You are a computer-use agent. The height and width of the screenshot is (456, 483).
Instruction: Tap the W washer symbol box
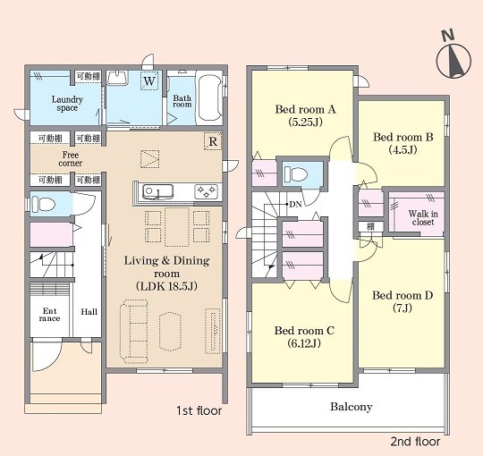pos(149,80)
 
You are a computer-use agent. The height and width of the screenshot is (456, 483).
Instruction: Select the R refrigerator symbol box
pos(213,141)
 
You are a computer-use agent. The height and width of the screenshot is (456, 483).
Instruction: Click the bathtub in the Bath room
pos(209,98)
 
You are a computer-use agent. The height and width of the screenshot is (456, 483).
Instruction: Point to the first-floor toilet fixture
pos(43,204)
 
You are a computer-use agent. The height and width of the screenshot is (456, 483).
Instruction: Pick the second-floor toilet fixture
pos(296,174)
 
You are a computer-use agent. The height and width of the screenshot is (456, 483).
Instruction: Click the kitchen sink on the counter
pos(157,192)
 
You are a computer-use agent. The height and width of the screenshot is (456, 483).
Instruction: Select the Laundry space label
pos(67,104)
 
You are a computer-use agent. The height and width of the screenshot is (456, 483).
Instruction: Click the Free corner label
pos(71,158)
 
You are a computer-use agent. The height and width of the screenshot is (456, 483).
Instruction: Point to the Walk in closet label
pos(423,217)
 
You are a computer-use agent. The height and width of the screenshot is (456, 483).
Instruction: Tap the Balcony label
pos(352,407)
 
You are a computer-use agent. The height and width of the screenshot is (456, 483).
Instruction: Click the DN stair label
pos(295,204)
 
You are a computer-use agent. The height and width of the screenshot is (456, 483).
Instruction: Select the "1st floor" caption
pos(199,410)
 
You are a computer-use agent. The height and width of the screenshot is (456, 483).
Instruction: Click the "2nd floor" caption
pos(415,442)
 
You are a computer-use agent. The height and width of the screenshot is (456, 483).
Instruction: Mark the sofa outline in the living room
pos(133,332)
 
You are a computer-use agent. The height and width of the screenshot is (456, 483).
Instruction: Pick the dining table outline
pos(177,227)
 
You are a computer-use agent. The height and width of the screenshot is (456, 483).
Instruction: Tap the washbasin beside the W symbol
pos(118,77)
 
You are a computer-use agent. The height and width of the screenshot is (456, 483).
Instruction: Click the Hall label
pos(89,311)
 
